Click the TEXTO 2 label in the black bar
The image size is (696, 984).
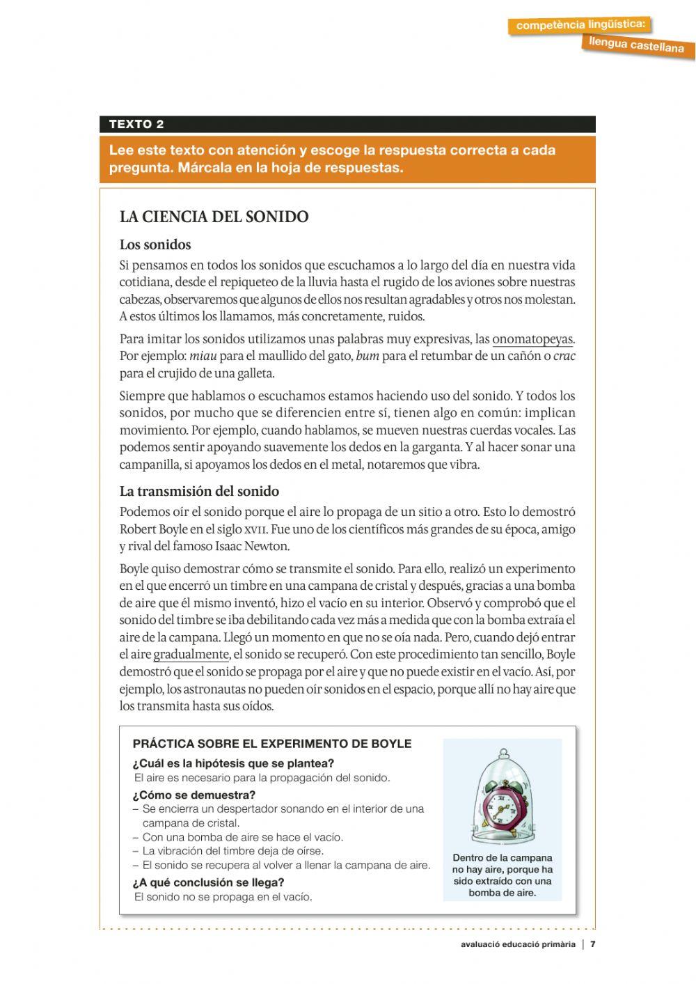136,125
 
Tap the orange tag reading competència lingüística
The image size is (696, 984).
580,24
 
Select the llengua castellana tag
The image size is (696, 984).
636,45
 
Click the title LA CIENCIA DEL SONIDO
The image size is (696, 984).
214,217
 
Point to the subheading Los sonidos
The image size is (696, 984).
155,244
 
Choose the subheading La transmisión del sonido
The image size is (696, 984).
199,491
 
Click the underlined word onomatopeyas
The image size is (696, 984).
532,339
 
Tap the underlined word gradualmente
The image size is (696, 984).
191,655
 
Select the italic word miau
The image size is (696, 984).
203,357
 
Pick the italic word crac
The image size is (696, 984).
564,357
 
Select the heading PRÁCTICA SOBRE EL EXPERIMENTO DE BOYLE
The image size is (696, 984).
272,744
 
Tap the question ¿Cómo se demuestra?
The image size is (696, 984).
194,795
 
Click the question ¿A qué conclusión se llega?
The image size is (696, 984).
208,882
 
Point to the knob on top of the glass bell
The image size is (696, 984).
503,753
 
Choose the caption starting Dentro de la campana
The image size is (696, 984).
502,875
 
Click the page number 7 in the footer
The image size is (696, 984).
593,944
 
